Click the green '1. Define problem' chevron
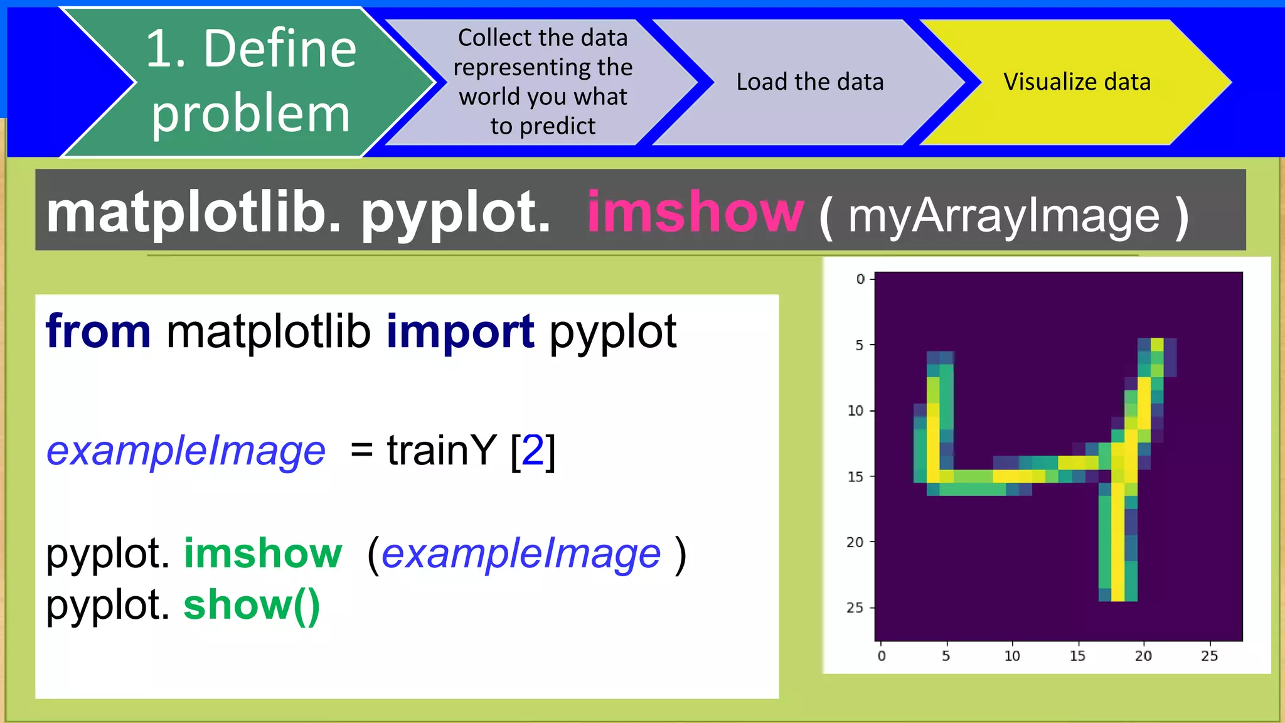point(251,82)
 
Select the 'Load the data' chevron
point(809,82)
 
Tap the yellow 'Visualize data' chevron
point(1077,82)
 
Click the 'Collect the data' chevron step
point(543,82)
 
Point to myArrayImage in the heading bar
point(1004,216)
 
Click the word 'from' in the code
point(99,331)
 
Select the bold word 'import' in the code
point(460,331)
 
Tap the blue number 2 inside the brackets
point(533,450)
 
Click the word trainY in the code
point(442,450)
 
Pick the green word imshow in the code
point(262,553)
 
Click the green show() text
point(252,605)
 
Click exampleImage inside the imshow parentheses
point(521,554)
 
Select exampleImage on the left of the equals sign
point(186,450)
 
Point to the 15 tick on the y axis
point(855,477)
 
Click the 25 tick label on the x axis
point(1209,656)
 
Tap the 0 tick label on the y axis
point(860,279)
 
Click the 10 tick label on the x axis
point(1012,656)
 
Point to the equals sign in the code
point(361,450)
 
